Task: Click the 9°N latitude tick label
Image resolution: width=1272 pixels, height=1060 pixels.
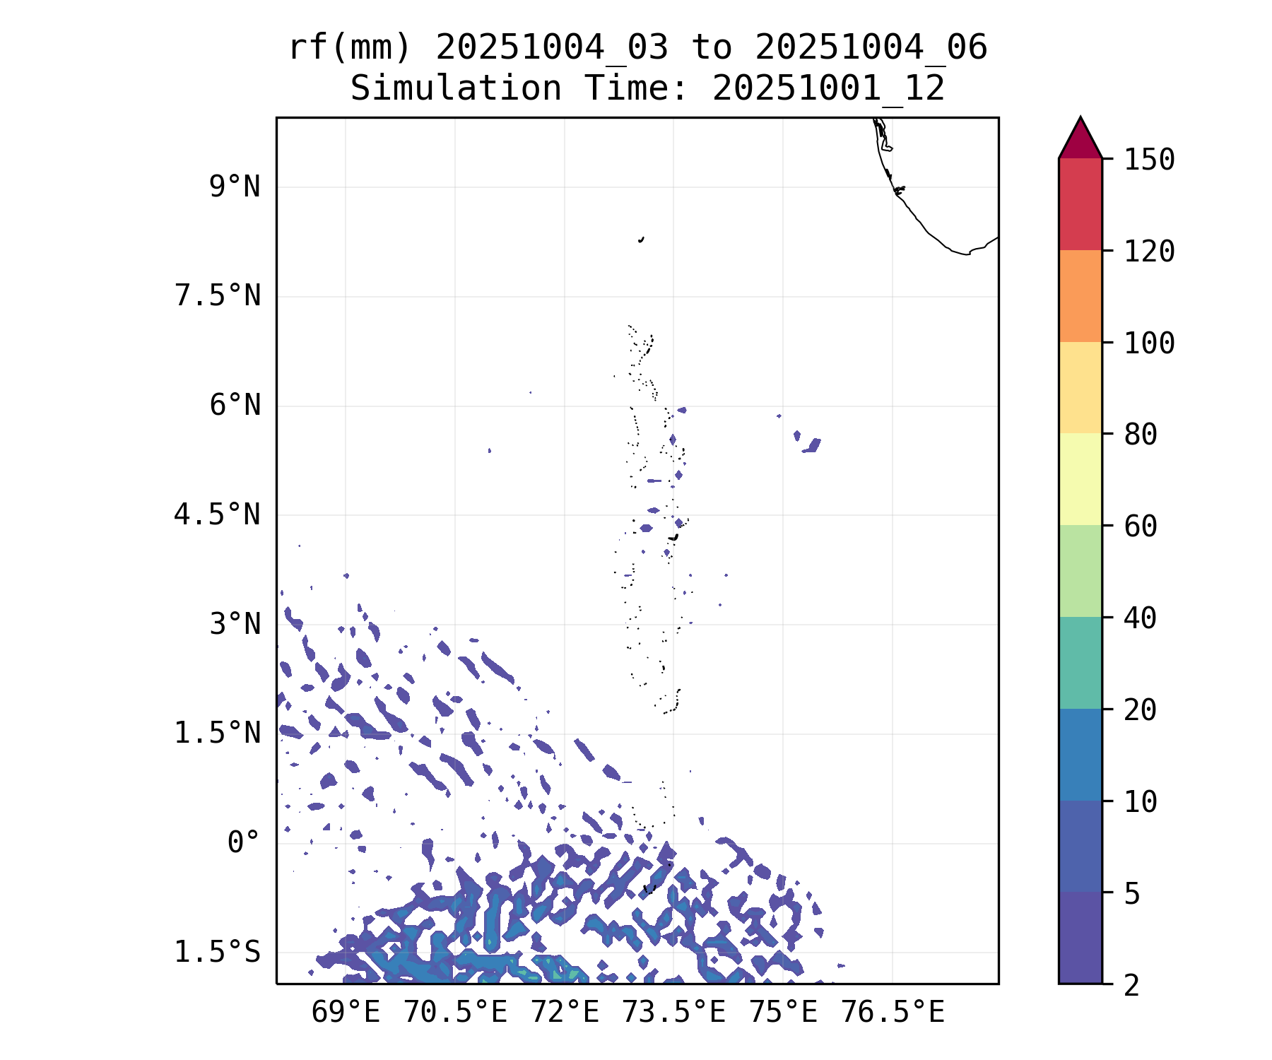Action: (235, 187)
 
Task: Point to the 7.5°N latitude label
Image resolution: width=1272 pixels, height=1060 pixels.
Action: (218, 296)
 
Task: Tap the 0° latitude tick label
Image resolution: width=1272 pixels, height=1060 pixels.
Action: (244, 842)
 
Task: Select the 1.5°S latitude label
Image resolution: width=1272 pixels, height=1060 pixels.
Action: (218, 952)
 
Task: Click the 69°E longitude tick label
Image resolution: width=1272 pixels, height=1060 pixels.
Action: (346, 1013)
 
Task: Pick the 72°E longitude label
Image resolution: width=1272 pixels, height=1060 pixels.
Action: (565, 1013)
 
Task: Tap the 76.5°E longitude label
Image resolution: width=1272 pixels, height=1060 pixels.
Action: (893, 1013)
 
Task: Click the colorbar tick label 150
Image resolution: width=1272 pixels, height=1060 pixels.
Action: (1149, 160)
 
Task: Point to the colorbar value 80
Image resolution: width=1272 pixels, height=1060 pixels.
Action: (1141, 435)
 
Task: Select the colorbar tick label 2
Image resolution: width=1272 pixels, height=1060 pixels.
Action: (1132, 985)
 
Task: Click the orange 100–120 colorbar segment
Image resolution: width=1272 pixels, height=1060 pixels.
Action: (1080, 296)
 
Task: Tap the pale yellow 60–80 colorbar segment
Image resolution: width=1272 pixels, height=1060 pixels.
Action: (1080, 479)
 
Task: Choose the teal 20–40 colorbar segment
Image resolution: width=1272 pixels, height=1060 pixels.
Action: (1080, 663)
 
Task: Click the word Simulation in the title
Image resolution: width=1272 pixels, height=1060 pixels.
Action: (456, 89)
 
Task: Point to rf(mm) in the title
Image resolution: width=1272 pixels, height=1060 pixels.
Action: (350, 48)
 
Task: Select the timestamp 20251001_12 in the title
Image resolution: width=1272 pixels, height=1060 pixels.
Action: (828, 89)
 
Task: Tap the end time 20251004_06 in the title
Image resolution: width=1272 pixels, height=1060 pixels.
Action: (871, 48)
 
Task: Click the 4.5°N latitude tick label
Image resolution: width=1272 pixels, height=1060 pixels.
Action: (218, 514)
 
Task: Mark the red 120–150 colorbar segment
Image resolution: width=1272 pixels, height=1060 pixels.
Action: (1080, 204)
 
